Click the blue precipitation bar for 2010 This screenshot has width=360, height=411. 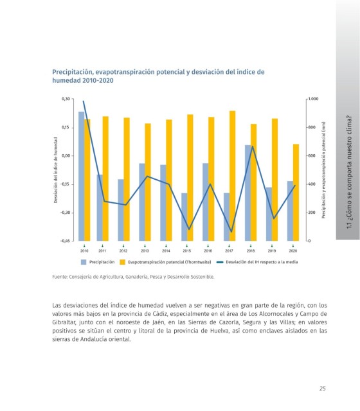click(x=82, y=176)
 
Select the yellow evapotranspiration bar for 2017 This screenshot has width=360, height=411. click(x=233, y=176)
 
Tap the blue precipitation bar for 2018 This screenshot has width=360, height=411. click(x=248, y=193)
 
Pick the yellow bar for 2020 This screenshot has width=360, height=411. click(x=296, y=193)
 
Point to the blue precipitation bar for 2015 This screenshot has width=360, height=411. click(x=184, y=217)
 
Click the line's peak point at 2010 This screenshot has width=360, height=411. click(x=84, y=101)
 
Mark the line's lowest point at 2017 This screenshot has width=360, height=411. click(x=231, y=232)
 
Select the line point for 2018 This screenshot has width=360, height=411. click(x=253, y=146)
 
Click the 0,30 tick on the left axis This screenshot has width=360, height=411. click(x=66, y=99)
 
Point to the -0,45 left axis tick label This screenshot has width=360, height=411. click(x=65, y=241)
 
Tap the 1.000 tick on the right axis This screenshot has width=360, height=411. click(x=313, y=99)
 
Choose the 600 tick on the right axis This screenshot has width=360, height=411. click(x=312, y=155)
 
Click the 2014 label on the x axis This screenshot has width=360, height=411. click(x=166, y=251)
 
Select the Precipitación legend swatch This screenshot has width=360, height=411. click(x=84, y=262)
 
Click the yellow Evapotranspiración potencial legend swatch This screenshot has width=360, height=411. click(x=122, y=262)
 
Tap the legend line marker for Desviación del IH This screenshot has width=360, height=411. click(x=220, y=262)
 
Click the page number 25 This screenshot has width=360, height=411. click(x=323, y=389)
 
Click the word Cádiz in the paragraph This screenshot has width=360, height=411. click(x=159, y=314)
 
